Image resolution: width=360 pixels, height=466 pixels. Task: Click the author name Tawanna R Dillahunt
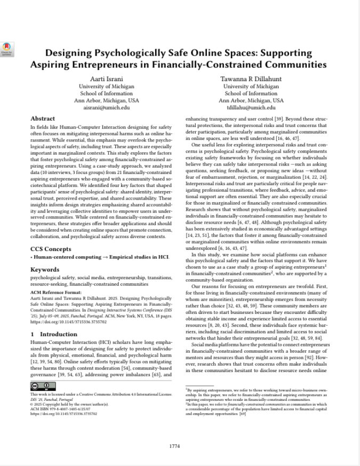(251, 79)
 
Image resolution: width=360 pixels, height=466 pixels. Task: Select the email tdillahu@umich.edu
(251, 107)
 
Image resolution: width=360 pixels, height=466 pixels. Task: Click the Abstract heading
(43, 119)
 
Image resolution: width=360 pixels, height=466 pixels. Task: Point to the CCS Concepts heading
(51, 249)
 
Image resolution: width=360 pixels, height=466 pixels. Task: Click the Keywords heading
(45, 270)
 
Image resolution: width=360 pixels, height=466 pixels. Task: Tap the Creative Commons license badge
(43, 386)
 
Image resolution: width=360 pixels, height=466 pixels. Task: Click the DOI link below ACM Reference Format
(62, 322)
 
